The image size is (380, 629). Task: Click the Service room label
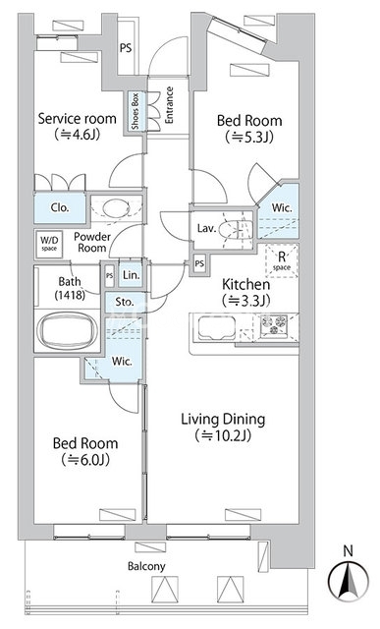(x=77, y=119)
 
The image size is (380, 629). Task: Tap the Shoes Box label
(x=136, y=111)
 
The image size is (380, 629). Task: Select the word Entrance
(x=169, y=105)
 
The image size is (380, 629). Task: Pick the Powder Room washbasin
(x=116, y=208)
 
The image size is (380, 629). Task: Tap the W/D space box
(x=49, y=243)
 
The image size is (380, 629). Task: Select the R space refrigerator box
(x=282, y=260)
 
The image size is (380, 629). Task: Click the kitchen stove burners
(x=274, y=325)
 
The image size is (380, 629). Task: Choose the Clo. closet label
(x=60, y=207)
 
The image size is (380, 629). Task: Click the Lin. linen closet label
(x=131, y=275)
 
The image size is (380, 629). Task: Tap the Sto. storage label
(x=125, y=302)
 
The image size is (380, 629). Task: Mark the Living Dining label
(x=223, y=420)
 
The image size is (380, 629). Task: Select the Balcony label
(x=146, y=566)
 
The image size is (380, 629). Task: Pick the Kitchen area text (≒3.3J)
(x=245, y=301)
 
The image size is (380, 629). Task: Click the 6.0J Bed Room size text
(x=85, y=460)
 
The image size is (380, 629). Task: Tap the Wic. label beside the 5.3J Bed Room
(x=282, y=207)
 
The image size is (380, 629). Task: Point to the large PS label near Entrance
(x=126, y=48)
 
